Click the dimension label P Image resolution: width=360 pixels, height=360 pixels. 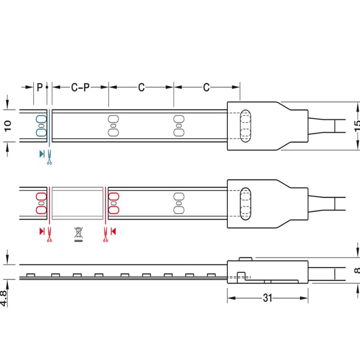click(x=40, y=87)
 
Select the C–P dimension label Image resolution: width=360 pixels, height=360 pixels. click(x=80, y=87)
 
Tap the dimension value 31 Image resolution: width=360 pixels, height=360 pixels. click(x=267, y=298)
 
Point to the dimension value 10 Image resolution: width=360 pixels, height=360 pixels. click(x=8, y=126)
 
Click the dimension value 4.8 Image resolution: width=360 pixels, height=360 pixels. click(x=4, y=298)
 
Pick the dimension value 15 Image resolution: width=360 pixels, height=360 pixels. click(x=357, y=126)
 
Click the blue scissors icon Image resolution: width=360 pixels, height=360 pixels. click(x=49, y=157)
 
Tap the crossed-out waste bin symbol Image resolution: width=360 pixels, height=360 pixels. click(x=78, y=234)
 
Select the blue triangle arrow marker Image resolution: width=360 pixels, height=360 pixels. click(x=42, y=154)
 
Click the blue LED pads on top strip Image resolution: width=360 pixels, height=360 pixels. click(x=41, y=126)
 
